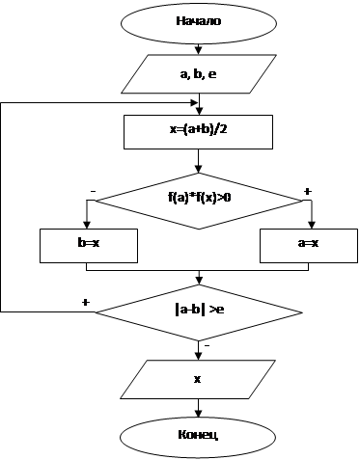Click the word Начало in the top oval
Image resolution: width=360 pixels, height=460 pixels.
(199, 21)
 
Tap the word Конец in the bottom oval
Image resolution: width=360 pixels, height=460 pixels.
(198, 435)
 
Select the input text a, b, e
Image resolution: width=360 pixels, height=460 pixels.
(198, 74)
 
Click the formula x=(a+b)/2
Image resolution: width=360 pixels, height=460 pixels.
(199, 129)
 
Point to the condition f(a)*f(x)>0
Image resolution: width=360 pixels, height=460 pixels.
(200, 197)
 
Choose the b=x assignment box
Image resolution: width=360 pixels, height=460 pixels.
(89, 246)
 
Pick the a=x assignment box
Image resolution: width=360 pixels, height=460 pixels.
(309, 246)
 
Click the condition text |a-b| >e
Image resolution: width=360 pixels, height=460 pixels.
(200, 310)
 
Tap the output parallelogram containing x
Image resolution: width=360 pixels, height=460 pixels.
(198, 380)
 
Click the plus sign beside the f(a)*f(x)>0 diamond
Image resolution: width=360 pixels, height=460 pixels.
(308, 192)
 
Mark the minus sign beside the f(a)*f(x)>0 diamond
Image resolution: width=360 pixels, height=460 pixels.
(93, 191)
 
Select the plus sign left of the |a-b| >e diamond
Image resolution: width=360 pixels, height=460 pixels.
(86, 303)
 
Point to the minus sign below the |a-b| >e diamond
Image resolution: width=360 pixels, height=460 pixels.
(208, 346)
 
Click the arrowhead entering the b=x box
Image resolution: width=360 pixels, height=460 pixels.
(87, 225)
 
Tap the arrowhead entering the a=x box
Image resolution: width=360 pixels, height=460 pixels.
(312, 225)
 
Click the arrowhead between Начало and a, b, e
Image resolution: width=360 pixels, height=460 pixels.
(199, 50)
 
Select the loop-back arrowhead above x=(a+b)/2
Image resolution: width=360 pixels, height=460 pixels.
(194, 103)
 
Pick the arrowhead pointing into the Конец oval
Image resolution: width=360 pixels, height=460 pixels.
(198, 414)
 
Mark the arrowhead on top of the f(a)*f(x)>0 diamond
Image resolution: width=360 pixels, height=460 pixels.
(199, 169)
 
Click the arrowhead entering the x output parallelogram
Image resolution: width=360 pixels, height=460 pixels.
(198, 356)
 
